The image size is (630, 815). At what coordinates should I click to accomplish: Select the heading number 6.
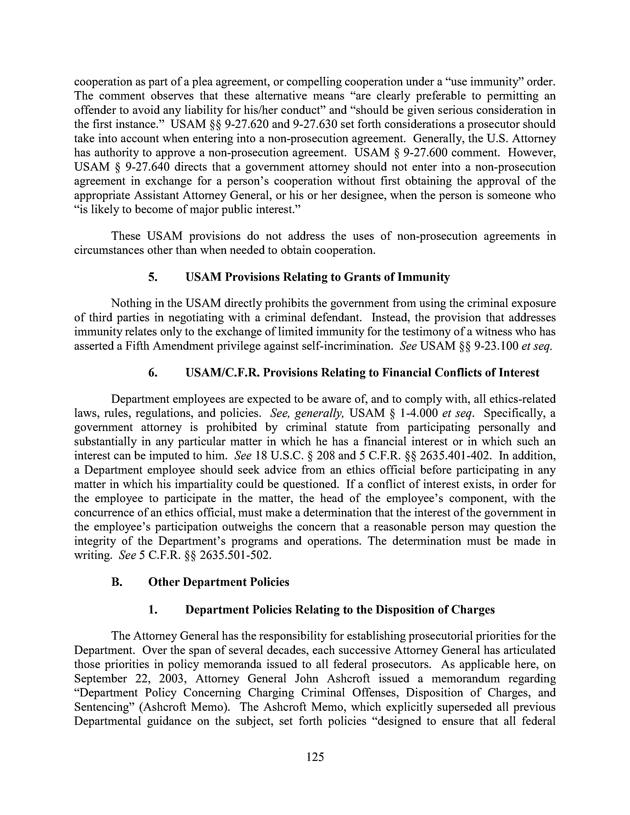point(152,373)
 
